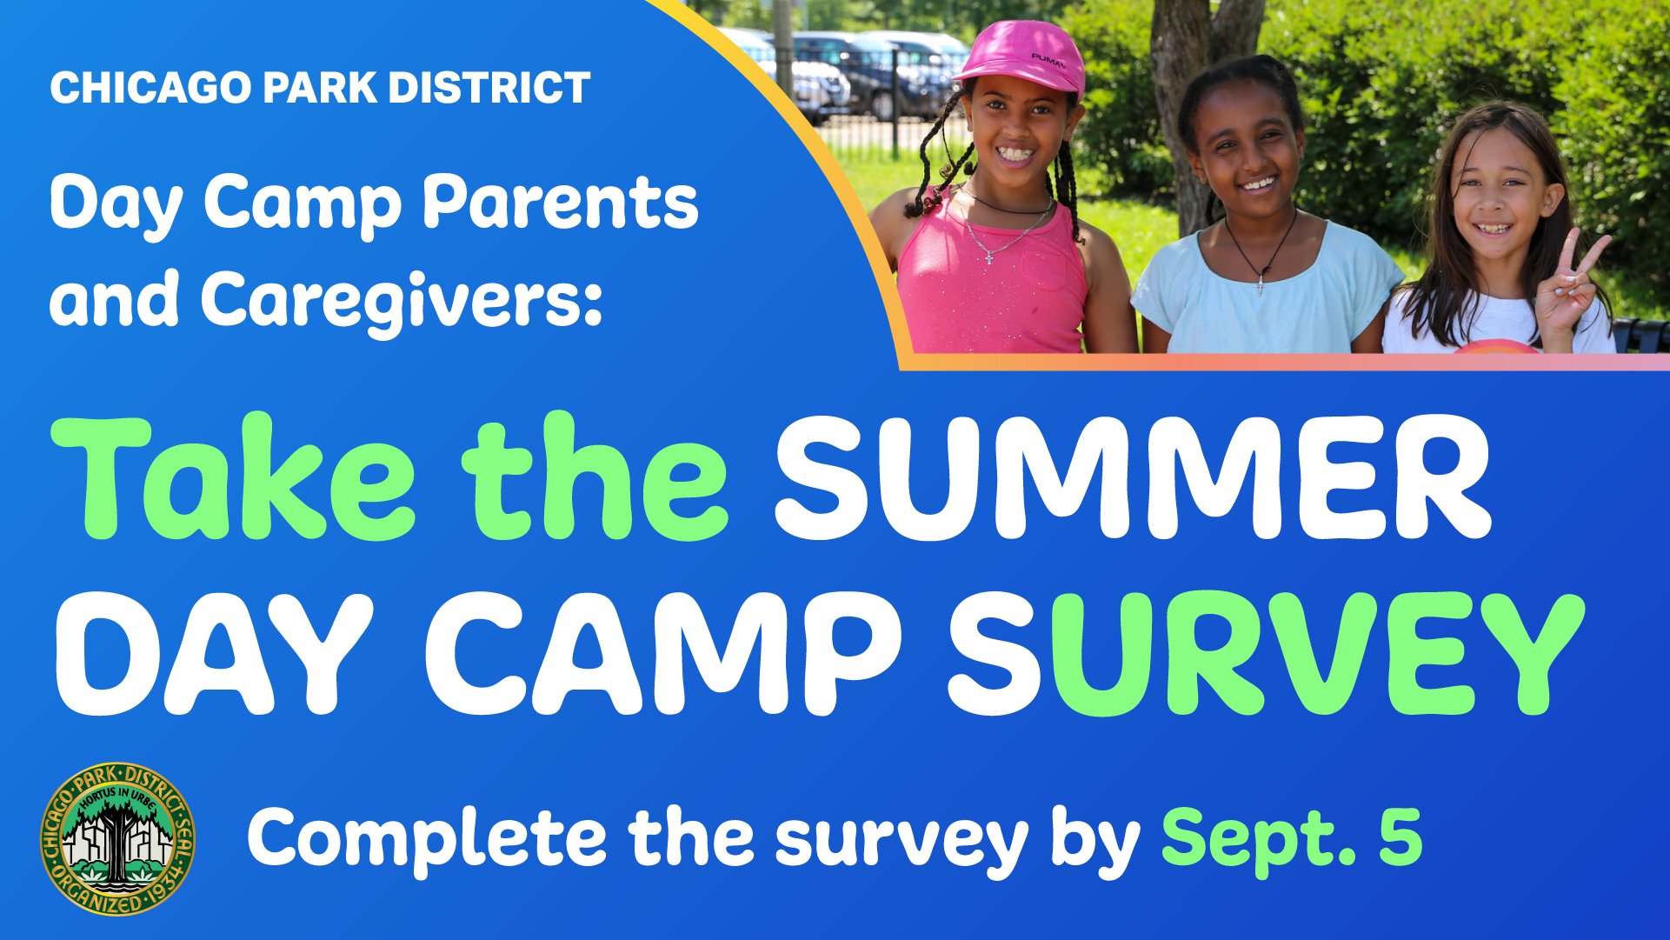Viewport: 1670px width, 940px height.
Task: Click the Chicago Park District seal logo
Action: (x=117, y=838)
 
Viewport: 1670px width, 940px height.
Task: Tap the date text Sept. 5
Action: (x=1292, y=837)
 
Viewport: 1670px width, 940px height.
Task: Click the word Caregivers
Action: (x=402, y=299)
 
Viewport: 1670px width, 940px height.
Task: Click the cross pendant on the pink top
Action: (x=988, y=257)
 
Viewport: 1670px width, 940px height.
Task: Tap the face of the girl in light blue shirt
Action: (x=1245, y=152)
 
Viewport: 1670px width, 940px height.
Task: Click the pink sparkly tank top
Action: (x=991, y=278)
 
